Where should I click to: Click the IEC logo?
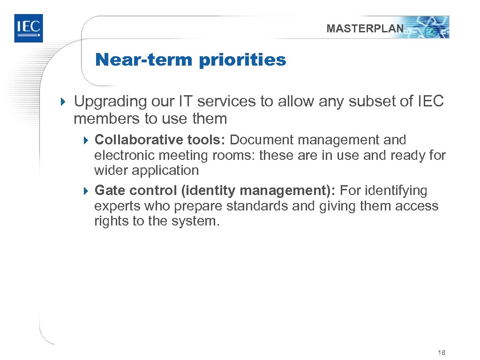(x=28, y=28)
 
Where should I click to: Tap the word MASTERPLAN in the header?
(x=365, y=29)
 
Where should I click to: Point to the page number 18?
(x=441, y=352)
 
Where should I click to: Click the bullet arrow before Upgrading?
(x=65, y=102)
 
